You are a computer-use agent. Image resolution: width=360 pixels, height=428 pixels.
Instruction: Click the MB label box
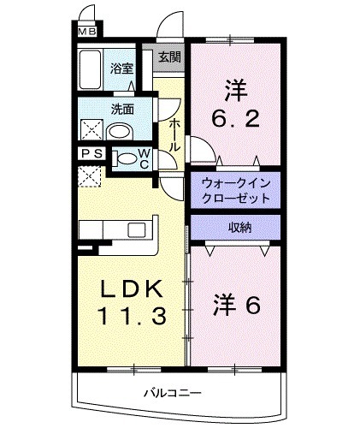[88, 33]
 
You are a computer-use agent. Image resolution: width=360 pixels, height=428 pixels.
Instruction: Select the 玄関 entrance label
[169, 58]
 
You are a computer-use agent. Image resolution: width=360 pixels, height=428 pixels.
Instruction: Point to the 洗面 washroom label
[121, 109]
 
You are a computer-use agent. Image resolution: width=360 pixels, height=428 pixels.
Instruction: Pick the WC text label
[145, 160]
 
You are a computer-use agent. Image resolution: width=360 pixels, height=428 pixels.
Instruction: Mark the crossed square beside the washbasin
[91, 129]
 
